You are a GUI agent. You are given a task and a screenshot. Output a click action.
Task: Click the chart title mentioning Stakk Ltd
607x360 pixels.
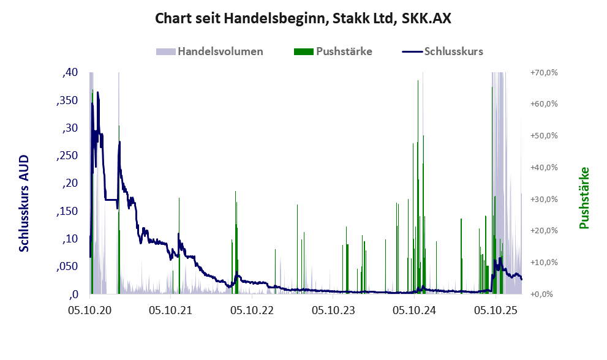[303, 18]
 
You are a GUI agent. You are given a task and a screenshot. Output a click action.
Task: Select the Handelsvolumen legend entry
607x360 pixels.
[210, 51]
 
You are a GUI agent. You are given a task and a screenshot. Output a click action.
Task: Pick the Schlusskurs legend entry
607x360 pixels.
[443, 51]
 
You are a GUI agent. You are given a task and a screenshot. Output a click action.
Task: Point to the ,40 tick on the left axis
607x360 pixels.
[70, 73]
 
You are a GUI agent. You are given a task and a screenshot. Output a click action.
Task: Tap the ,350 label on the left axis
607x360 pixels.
[67, 100]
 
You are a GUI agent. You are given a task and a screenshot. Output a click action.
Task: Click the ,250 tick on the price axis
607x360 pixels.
[67, 156]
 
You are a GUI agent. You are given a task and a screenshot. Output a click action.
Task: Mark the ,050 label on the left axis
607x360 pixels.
[67, 266]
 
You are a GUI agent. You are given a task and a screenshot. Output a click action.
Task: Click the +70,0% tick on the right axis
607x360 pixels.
[544, 73]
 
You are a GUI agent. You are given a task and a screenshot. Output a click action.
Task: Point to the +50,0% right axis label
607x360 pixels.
[544, 136]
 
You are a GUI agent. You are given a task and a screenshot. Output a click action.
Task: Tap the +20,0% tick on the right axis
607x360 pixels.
[544, 231]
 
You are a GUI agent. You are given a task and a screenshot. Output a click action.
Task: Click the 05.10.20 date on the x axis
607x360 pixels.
[90, 311]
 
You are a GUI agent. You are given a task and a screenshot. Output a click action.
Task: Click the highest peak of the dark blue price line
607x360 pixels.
[97, 93]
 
